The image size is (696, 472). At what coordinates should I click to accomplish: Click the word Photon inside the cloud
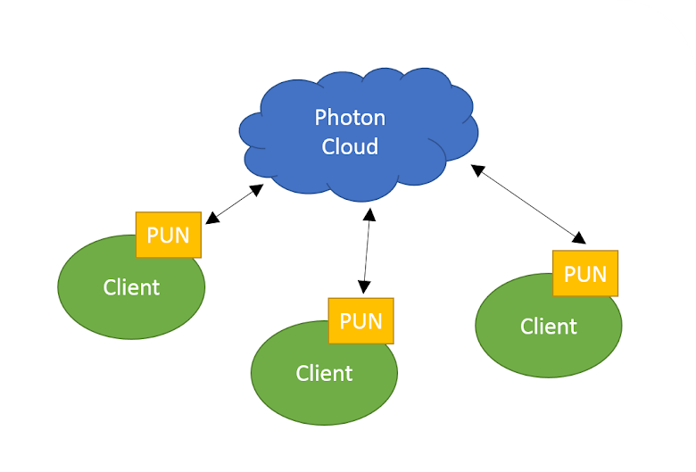[x=350, y=118]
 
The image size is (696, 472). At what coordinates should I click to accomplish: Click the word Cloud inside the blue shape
[x=350, y=146]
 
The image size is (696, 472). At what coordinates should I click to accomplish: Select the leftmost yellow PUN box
[x=168, y=235]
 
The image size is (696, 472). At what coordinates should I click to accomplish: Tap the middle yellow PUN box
[x=360, y=320]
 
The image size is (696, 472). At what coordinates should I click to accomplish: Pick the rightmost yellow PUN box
[x=585, y=273]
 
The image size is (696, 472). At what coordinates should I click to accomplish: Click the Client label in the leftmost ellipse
[x=131, y=287]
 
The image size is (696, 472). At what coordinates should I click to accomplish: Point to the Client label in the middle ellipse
[x=324, y=373]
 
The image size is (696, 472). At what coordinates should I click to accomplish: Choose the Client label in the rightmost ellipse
[x=549, y=327]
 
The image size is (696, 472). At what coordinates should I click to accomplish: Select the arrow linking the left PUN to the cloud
[x=235, y=204]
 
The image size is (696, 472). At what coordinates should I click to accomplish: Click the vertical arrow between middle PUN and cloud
[x=366, y=251]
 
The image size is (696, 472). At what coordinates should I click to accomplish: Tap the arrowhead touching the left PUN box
[x=211, y=219]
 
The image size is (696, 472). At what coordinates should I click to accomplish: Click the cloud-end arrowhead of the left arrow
[x=258, y=189]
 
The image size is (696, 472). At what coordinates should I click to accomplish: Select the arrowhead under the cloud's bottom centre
[x=368, y=214]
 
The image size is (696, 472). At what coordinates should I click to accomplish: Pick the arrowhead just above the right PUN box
[x=580, y=239]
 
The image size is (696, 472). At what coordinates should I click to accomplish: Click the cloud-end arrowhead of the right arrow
[x=477, y=169]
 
